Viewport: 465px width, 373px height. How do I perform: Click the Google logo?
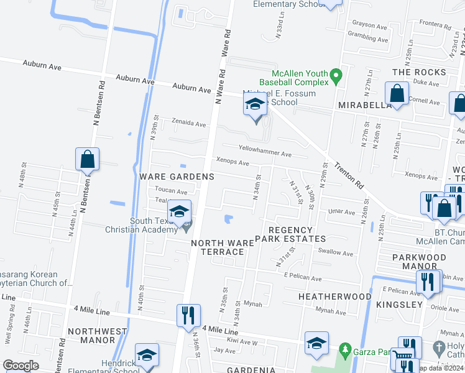[21, 366]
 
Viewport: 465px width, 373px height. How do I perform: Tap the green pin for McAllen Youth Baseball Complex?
[336, 76]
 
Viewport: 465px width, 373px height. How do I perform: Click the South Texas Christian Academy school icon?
[179, 214]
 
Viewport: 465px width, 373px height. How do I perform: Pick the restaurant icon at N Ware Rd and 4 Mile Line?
[188, 315]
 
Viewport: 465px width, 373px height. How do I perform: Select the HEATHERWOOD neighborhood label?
[334, 297]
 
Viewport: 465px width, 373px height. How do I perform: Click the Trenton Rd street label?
[348, 177]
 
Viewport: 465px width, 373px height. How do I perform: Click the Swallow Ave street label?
[336, 253]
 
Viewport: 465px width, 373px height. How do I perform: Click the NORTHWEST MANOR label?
[91, 336]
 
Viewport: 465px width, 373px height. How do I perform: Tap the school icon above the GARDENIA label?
[316, 344]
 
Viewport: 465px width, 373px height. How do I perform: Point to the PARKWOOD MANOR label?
[419, 261]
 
